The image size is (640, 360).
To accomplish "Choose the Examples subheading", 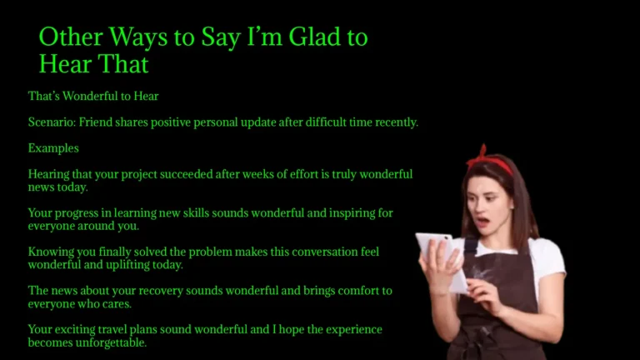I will (x=53, y=148).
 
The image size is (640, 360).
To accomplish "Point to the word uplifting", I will (x=128, y=265).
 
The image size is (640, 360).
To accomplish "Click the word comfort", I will (x=349, y=291).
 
